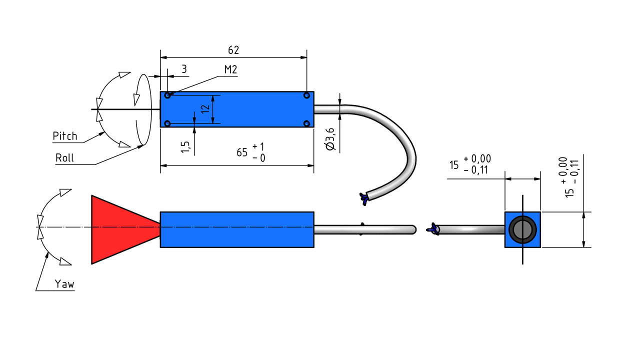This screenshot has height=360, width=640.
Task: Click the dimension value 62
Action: click(x=233, y=50)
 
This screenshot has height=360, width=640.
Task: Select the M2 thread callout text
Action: click(x=230, y=69)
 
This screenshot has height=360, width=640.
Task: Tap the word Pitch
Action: click(x=65, y=135)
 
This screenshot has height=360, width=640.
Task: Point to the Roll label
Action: click(x=64, y=157)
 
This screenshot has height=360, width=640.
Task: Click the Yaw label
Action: click(x=64, y=284)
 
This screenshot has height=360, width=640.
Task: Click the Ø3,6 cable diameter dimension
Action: click(x=330, y=139)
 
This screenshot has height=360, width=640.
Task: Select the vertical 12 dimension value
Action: click(x=205, y=109)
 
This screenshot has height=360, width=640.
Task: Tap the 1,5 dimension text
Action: click(x=185, y=147)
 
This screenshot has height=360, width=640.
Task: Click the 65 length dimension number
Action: click(x=242, y=152)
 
